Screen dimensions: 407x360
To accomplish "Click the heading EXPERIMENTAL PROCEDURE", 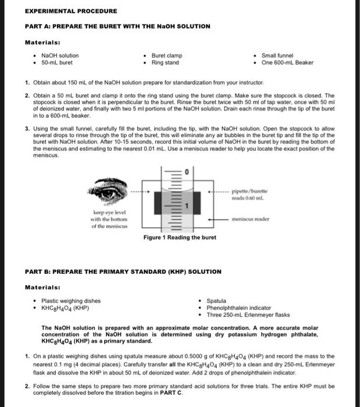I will (71, 11).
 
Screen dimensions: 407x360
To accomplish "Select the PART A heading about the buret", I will (117, 26).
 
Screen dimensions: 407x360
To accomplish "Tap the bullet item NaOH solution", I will (60, 56).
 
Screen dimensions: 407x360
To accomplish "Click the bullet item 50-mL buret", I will (57, 62).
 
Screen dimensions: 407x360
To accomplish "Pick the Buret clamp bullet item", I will (167, 56).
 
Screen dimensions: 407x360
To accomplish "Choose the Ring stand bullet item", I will (165, 62).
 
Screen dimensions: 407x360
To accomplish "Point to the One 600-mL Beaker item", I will (287, 62).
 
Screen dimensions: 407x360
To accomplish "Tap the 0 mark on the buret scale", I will (188, 173).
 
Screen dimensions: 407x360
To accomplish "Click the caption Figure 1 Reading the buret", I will (180, 237).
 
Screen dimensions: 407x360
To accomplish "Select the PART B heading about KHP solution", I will (123, 272).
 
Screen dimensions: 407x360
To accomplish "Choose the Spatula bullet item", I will (217, 301).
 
